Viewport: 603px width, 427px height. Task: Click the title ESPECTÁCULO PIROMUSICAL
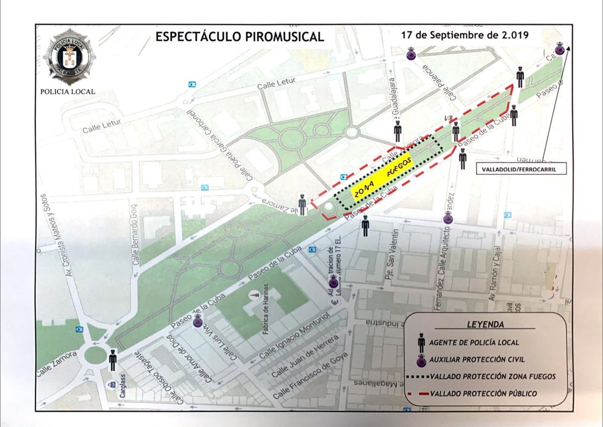(x=239, y=37)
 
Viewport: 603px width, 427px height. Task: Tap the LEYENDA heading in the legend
(x=485, y=325)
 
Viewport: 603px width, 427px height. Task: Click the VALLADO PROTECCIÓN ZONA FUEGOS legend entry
(x=492, y=376)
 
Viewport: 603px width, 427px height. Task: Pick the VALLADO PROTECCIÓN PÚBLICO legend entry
(x=483, y=393)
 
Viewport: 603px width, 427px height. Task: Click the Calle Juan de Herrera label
(x=301, y=357)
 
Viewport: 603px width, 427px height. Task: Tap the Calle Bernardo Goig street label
(x=134, y=234)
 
